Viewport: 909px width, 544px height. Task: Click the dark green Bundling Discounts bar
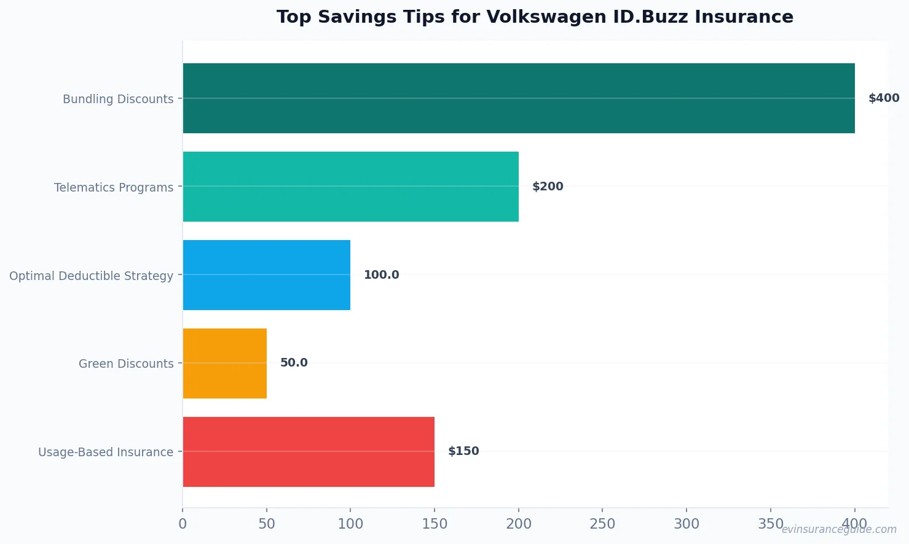click(518, 98)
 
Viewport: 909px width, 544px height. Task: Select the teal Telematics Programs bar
click(350, 187)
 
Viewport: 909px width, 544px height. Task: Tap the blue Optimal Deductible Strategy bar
click(266, 275)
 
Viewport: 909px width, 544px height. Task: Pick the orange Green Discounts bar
click(224, 363)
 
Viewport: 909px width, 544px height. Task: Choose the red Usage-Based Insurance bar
click(309, 452)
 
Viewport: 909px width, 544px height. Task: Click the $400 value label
click(883, 98)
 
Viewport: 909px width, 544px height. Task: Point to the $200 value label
click(547, 187)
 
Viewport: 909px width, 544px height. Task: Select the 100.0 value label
click(381, 275)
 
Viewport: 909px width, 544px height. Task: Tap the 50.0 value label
click(294, 363)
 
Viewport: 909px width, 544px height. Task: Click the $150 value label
click(463, 451)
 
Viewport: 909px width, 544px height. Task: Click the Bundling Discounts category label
click(118, 99)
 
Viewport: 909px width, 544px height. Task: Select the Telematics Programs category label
click(114, 187)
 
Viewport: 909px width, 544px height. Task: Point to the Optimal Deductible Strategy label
click(91, 276)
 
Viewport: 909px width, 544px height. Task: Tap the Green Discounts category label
click(126, 364)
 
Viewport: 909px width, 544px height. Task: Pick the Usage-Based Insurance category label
click(106, 453)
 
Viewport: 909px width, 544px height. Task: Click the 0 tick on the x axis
click(183, 524)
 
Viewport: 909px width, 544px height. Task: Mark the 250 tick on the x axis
click(602, 524)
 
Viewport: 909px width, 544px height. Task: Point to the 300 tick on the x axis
click(687, 524)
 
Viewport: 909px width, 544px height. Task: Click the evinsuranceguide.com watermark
click(838, 529)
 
